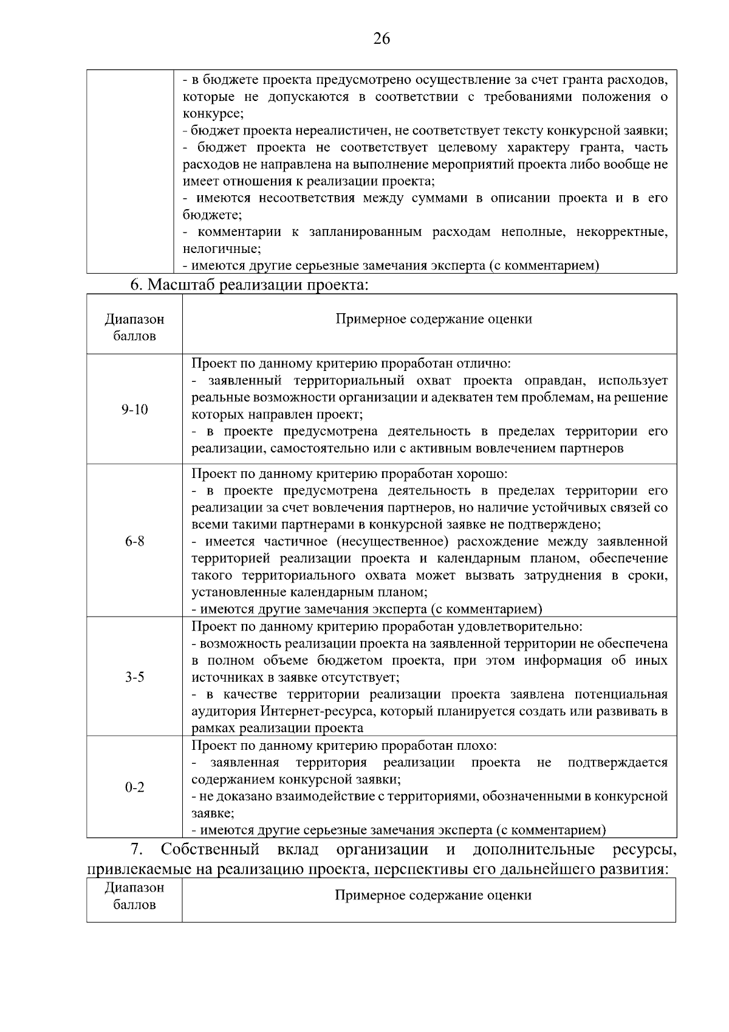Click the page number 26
[x=382, y=39]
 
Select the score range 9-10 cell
[x=134, y=410]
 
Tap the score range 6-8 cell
[x=134, y=541]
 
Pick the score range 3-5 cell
[x=134, y=677]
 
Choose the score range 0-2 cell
[x=134, y=788]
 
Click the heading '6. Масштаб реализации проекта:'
[x=250, y=285]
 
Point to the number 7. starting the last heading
[x=137, y=850]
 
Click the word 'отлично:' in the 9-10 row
[x=486, y=364]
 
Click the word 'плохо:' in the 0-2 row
[x=479, y=746]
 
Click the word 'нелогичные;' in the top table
[x=222, y=249]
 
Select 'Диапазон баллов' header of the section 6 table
[x=134, y=327]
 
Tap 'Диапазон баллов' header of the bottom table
[x=134, y=896]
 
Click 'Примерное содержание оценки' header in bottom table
[x=433, y=895]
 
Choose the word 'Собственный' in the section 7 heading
[x=210, y=850]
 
